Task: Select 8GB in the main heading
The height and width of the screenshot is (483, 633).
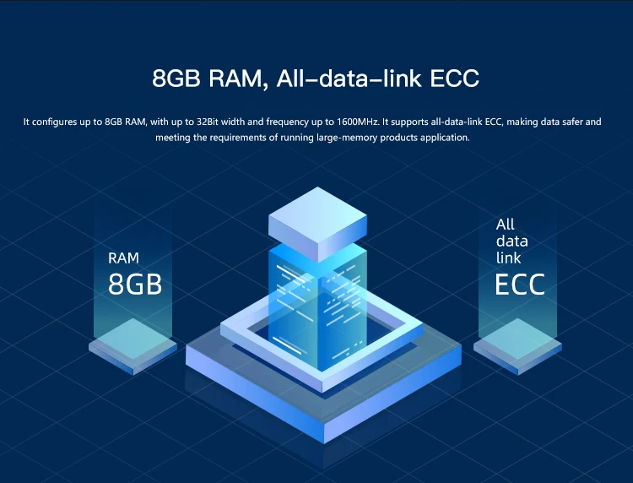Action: (175, 79)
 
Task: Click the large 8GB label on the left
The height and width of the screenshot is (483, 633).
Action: (135, 284)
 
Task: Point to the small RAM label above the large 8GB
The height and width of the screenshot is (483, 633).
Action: (123, 258)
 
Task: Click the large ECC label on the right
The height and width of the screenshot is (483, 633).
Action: (520, 284)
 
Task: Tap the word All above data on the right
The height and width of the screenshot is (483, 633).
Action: (506, 225)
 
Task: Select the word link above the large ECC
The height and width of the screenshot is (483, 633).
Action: (509, 258)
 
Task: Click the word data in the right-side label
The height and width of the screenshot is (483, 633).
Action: (511, 241)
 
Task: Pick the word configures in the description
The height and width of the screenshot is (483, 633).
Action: (57, 122)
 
